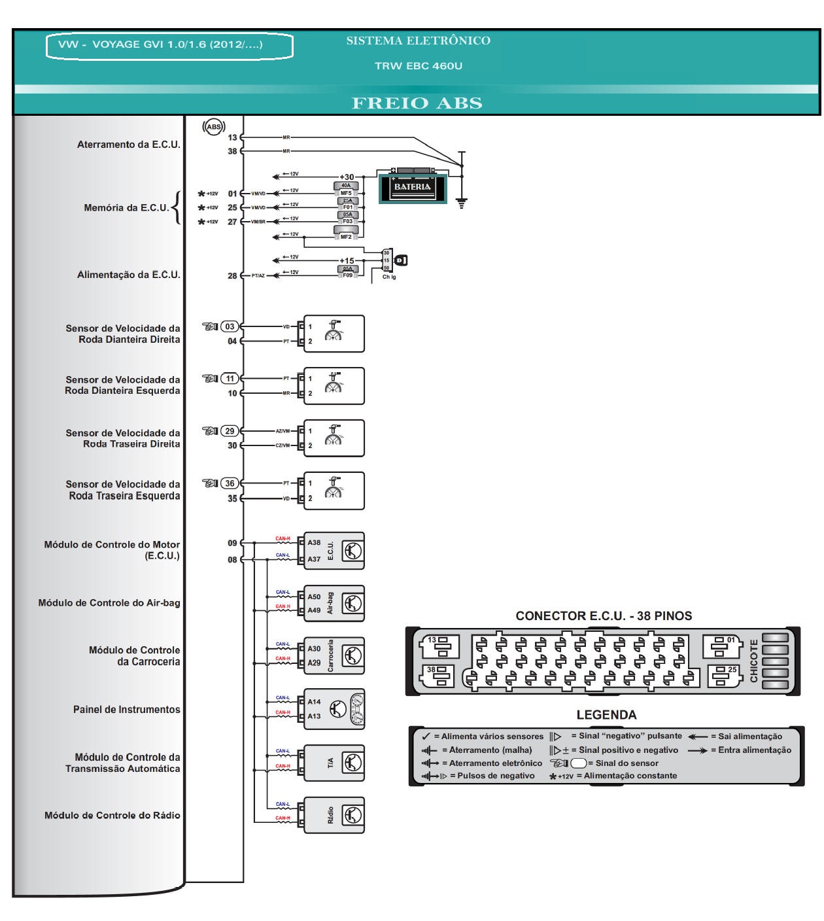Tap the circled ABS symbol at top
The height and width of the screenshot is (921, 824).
coord(214,127)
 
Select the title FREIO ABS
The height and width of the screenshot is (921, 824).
coord(417,103)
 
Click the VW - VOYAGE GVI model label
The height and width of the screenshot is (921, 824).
coord(161,44)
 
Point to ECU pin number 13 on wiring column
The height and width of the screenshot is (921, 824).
coord(232,137)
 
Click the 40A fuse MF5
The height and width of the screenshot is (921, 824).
coord(346,189)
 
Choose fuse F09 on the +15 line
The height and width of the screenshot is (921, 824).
coord(347,271)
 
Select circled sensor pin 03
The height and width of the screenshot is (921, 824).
coord(230,326)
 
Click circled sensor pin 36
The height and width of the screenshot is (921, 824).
coord(230,483)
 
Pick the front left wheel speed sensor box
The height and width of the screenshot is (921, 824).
coord(334,386)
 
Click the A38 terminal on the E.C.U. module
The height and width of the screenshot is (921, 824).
coord(314,542)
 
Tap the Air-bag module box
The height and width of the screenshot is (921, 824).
coord(334,603)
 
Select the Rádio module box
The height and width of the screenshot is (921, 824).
coord(334,815)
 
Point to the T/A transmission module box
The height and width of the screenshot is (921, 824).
coord(334,763)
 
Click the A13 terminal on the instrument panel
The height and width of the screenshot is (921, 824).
coord(314,716)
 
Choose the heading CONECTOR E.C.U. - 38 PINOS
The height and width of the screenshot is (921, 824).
coord(603,616)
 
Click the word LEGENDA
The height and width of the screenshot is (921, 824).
coord(606,715)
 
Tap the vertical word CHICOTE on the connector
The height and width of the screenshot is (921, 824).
coord(753,661)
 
